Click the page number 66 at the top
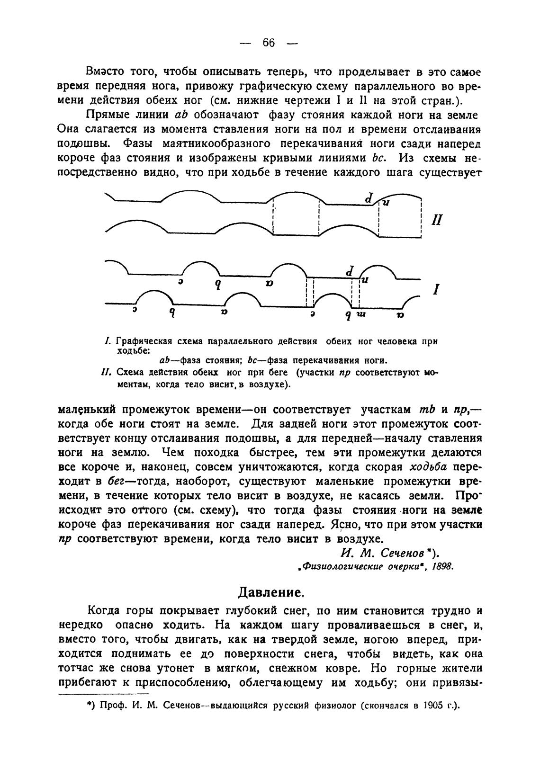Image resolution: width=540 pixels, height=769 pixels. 269,43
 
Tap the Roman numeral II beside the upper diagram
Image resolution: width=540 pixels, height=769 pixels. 437,220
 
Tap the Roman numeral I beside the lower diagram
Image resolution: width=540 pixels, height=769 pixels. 434,289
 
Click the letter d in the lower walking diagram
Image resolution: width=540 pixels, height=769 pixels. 350,272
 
